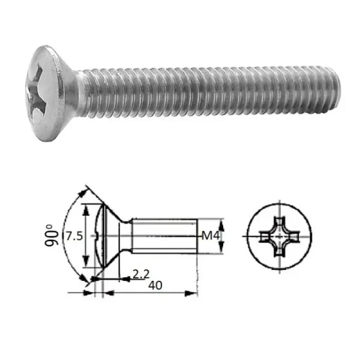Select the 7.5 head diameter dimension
coord(74,236)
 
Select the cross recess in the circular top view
coord(279,236)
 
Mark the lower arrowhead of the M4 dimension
coord(220,249)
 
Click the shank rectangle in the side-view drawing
coord(164,235)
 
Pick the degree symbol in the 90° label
coord(52,226)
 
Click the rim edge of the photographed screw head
coord(47,135)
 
